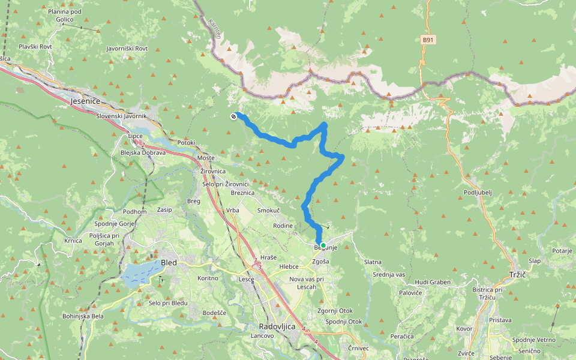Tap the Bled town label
tap(169, 262)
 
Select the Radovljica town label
tap(277, 326)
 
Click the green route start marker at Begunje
tap(323, 245)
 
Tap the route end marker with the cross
tap(233, 116)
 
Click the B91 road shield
tap(427, 40)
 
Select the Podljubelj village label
tap(479, 192)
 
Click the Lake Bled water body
tap(140, 273)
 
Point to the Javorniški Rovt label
tap(127, 48)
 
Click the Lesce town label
tap(247, 279)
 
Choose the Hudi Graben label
tap(433, 281)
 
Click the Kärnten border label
tap(215, 29)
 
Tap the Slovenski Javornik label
tap(121, 116)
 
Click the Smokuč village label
tap(268, 211)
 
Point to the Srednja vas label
tap(389, 274)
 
